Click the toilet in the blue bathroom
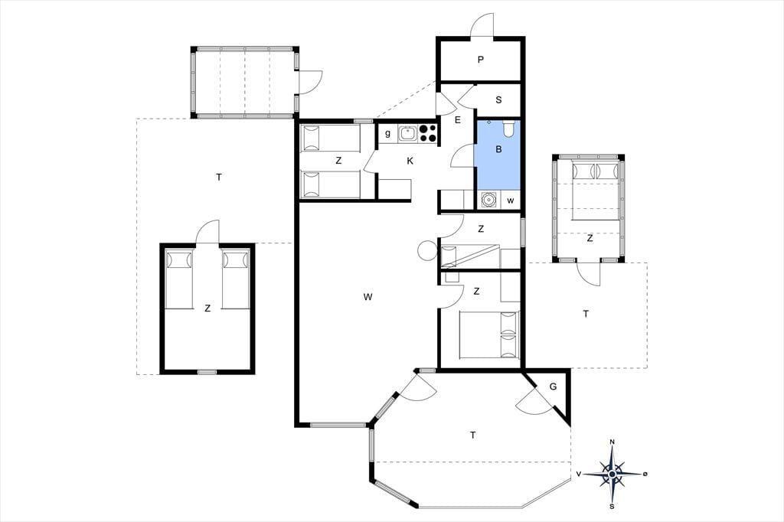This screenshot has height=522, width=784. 509,129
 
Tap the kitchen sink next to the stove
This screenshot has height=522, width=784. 408,133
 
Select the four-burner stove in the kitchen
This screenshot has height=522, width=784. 428,133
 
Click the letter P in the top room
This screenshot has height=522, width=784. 481,60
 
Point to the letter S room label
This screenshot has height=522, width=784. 498,100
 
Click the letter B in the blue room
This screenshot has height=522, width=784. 498,149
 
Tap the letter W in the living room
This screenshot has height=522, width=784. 368,297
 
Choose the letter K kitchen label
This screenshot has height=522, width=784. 410,161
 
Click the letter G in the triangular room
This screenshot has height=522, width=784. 553,387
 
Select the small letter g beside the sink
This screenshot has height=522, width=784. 387,133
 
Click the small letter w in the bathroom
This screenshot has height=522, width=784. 511,201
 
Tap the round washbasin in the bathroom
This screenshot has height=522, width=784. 488,200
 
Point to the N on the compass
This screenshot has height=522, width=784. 612,442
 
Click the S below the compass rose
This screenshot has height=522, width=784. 612,507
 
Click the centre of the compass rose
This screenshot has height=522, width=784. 612,474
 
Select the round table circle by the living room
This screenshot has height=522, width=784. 427,250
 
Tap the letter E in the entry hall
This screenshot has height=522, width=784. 457,120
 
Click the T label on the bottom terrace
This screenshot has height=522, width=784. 472,436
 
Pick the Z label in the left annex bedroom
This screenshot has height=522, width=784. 207,308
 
